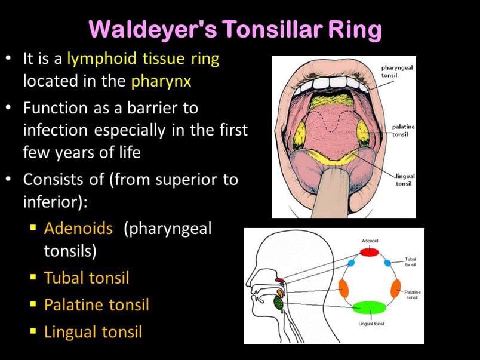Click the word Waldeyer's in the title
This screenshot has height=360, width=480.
153,29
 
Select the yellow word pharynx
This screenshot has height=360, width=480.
161,81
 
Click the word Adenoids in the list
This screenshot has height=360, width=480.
78,229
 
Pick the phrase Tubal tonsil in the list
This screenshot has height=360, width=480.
87,278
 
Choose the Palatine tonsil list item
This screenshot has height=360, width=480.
97,305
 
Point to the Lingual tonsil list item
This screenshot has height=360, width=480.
93,332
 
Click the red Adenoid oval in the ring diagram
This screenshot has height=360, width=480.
369,252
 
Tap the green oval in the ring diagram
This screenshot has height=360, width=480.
370,307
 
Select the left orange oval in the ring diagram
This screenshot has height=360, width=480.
344,288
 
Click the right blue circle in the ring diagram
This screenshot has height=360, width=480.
387,263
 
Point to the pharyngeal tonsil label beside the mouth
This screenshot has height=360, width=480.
397,71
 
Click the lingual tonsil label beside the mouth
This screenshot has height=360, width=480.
404,180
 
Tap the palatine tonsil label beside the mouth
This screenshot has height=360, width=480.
404,130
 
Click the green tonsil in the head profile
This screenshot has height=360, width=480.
278,304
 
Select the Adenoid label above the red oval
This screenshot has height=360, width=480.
370,241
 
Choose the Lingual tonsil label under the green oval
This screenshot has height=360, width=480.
371,324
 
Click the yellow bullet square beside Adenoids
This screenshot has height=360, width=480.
33,227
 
